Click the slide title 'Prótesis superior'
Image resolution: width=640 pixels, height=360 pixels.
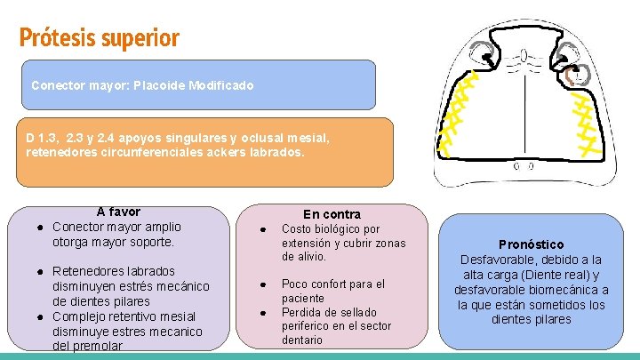(99, 38)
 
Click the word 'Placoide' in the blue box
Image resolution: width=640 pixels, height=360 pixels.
(161, 86)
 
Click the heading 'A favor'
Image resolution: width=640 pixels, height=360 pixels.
(118, 212)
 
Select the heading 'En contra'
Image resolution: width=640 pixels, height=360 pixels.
(332, 214)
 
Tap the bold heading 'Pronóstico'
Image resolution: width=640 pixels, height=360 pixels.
(531, 244)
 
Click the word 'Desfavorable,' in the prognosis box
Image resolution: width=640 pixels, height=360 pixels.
(500, 260)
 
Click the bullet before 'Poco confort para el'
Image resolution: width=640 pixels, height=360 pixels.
(264, 284)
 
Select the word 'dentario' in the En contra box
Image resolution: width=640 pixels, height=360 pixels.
(304, 340)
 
